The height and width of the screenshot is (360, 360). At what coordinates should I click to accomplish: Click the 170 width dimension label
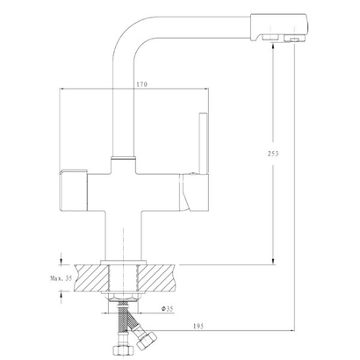point(141,84)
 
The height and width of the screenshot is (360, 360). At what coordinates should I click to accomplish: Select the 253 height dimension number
point(273,154)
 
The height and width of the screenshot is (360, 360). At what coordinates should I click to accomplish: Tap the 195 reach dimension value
point(198,326)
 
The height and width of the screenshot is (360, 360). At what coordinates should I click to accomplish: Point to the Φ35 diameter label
point(168,308)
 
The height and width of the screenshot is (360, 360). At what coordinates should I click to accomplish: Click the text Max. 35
point(61,278)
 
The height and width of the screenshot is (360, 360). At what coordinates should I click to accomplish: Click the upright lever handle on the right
point(204,143)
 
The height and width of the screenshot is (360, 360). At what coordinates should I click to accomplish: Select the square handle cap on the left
point(74,190)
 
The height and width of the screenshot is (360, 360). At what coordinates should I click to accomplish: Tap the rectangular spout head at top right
point(278,27)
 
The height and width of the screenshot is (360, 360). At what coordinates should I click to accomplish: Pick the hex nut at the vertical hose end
point(124,349)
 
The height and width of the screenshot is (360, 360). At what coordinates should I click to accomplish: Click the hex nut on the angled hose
point(147,340)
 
